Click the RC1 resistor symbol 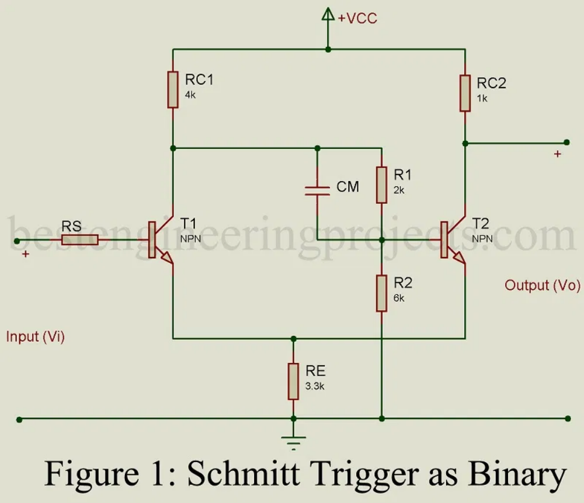[x=173, y=89]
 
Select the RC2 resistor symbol [x=465, y=92]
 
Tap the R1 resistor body [x=381, y=184]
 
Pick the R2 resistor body [x=381, y=293]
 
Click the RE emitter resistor [x=293, y=381]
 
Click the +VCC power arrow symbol [x=328, y=16]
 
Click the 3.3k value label [x=315, y=386]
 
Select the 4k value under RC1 [x=190, y=95]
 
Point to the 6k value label [x=399, y=298]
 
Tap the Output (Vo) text [x=543, y=286]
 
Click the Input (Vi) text [x=35, y=337]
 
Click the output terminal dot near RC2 [x=566, y=142]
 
